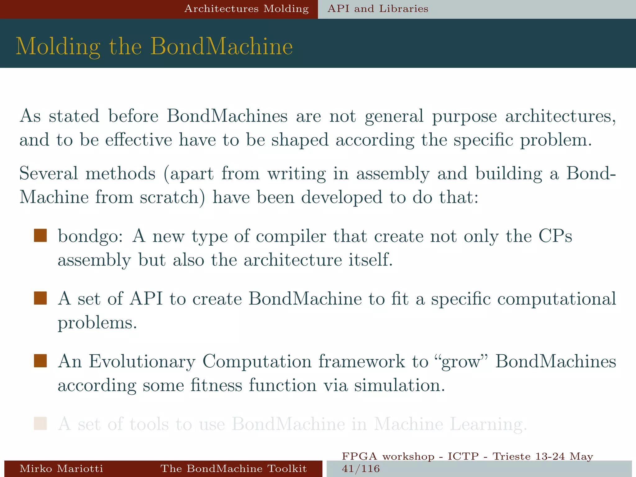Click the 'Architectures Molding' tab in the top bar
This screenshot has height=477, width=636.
tap(247, 9)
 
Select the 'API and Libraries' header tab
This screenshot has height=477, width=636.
tap(378, 9)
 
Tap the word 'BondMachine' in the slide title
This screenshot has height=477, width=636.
tap(222, 47)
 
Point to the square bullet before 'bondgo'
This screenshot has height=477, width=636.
tap(40, 235)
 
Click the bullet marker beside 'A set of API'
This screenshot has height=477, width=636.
tap(40, 298)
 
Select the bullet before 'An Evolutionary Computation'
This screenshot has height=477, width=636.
tap(40, 361)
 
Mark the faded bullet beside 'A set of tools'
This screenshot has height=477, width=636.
tap(40, 424)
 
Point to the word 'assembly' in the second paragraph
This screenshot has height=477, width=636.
tap(393, 174)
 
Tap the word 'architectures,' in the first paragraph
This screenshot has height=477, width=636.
tap(561, 116)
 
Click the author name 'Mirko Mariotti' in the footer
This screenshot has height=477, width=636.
tap(61, 468)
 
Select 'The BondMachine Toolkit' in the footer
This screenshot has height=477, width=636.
tap(234, 468)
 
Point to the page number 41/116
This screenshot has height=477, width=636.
tap(361, 469)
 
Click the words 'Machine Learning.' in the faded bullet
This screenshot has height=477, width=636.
tap(450, 424)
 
